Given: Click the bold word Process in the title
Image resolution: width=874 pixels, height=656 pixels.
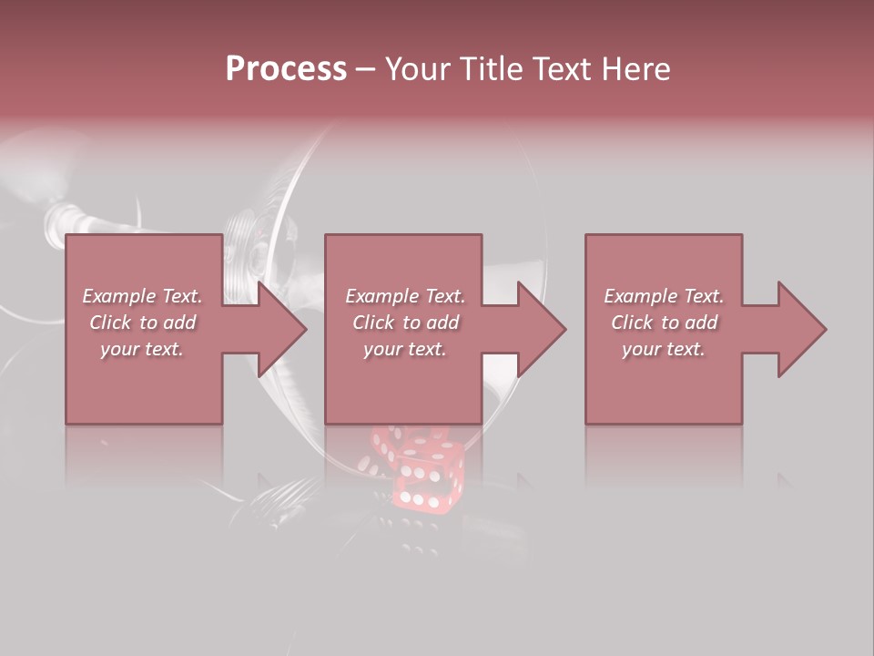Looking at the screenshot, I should click(286, 69).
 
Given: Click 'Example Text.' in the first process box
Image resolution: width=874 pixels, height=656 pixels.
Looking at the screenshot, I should click(142, 296).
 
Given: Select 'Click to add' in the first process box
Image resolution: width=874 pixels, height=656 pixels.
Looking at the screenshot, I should click(142, 323).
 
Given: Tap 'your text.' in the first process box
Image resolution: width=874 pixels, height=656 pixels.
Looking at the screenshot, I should click(142, 349).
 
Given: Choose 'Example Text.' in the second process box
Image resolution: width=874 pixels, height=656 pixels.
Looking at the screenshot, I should click(405, 296).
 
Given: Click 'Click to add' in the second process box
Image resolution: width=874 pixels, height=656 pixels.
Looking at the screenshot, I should click(405, 323).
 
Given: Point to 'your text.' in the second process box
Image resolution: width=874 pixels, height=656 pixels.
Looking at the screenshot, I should click(405, 349).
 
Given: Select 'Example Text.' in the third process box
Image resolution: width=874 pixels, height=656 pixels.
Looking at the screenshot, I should click(664, 296).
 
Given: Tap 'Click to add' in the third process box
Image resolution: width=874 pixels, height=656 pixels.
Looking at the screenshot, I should click(664, 323).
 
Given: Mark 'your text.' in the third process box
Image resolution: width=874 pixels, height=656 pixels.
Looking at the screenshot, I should click(664, 349).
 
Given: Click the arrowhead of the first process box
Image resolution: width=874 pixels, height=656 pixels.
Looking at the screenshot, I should click(278, 329).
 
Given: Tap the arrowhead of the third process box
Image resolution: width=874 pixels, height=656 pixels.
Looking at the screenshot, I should click(798, 329).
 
